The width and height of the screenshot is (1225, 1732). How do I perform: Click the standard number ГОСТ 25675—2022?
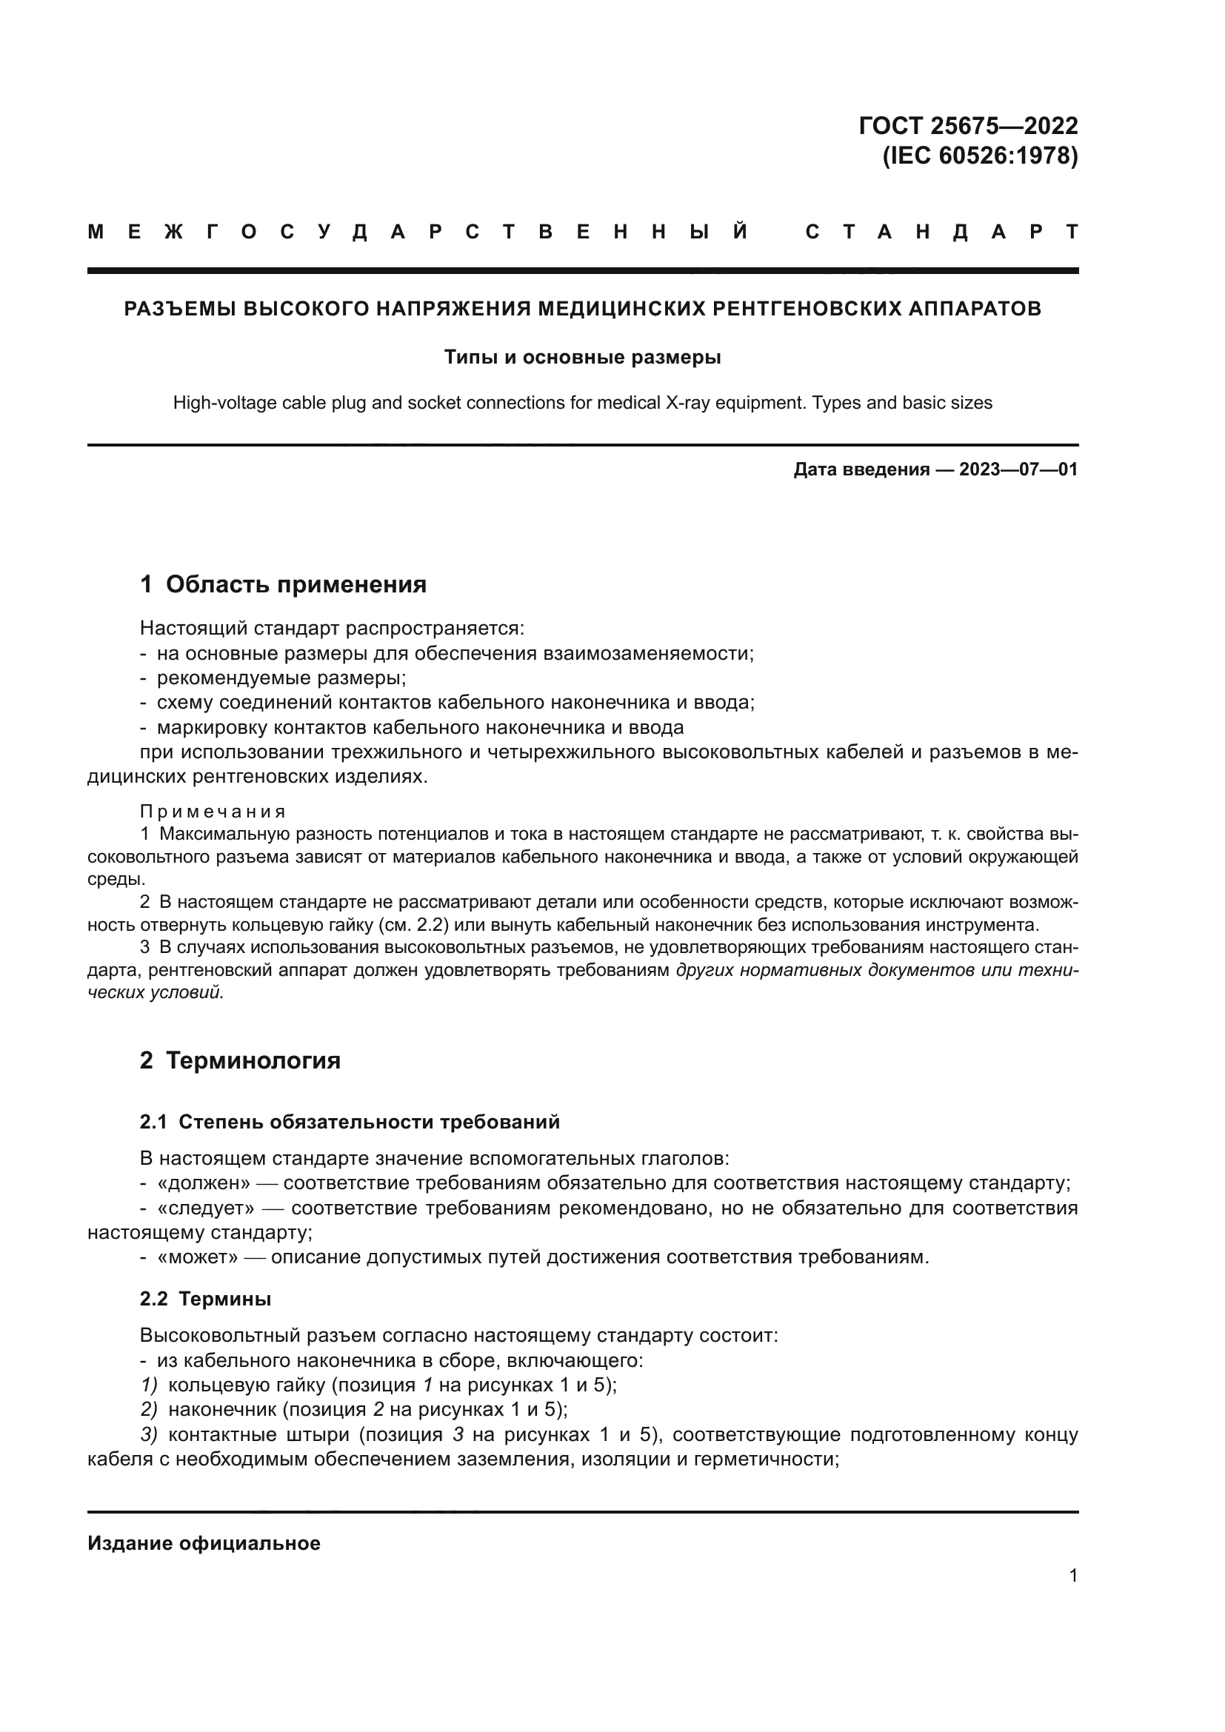point(968,125)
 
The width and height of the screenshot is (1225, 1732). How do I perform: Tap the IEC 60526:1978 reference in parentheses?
point(980,156)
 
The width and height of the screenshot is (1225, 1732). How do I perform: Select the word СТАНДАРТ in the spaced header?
point(941,233)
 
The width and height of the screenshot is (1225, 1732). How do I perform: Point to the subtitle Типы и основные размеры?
point(582,357)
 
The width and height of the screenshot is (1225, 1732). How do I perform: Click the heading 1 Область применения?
point(283,584)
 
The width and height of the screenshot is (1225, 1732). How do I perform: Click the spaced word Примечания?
point(213,812)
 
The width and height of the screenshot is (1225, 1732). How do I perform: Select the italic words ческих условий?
point(156,993)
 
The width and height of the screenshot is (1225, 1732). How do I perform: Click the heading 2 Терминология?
point(240,1060)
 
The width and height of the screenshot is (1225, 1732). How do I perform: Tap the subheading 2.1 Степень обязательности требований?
point(350,1122)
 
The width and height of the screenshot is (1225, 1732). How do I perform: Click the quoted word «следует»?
point(205,1208)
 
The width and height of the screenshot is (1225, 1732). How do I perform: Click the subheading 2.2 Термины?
point(205,1298)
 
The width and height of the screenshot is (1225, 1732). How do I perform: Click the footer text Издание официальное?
point(204,1542)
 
